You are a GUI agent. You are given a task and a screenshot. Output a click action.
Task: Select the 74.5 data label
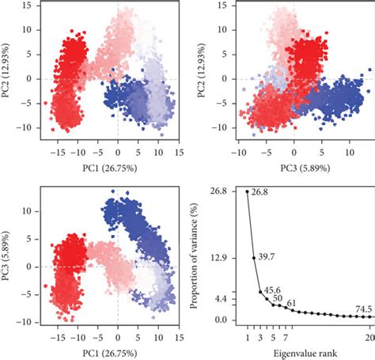coord(363,308)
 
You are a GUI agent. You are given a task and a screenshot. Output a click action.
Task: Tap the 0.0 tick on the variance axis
coord(224,319)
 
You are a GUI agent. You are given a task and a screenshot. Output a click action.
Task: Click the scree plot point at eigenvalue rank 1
coord(248,191)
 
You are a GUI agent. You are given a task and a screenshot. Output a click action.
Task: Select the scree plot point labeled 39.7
coord(254,258)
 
